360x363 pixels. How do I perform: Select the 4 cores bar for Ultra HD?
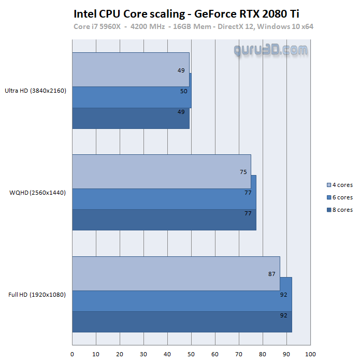pyautogui.click(x=131, y=69)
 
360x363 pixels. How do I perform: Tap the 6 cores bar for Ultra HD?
pyautogui.click(x=132, y=97)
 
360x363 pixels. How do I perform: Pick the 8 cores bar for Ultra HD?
pyautogui.click(x=131, y=118)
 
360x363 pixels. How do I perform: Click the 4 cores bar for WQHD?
pyautogui.click(x=161, y=171)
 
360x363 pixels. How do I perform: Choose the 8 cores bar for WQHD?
pyautogui.click(x=164, y=220)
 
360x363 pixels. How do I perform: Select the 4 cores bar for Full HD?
pyautogui.click(x=176, y=273)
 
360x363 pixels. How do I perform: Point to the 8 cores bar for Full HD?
pyautogui.click(x=182, y=322)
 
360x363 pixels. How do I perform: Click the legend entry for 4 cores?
pyautogui.click(x=340, y=185)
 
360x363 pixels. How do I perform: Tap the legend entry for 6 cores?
pyautogui.click(x=340, y=197)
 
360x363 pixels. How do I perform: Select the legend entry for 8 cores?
pyautogui.click(x=340, y=210)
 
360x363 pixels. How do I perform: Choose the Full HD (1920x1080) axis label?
pyautogui.click(x=38, y=295)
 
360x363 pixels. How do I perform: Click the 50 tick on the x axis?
pyautogui.click(x=191, y=354)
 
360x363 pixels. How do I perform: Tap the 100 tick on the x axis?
pyautogui.click(x=310, y=354)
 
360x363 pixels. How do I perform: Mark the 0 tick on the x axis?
pyautogui.click(x=72, y=354)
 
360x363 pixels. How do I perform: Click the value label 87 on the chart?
pyautogui.click(x=272, y=274)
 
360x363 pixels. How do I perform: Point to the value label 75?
pyautogui.click(x=243, y=172)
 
